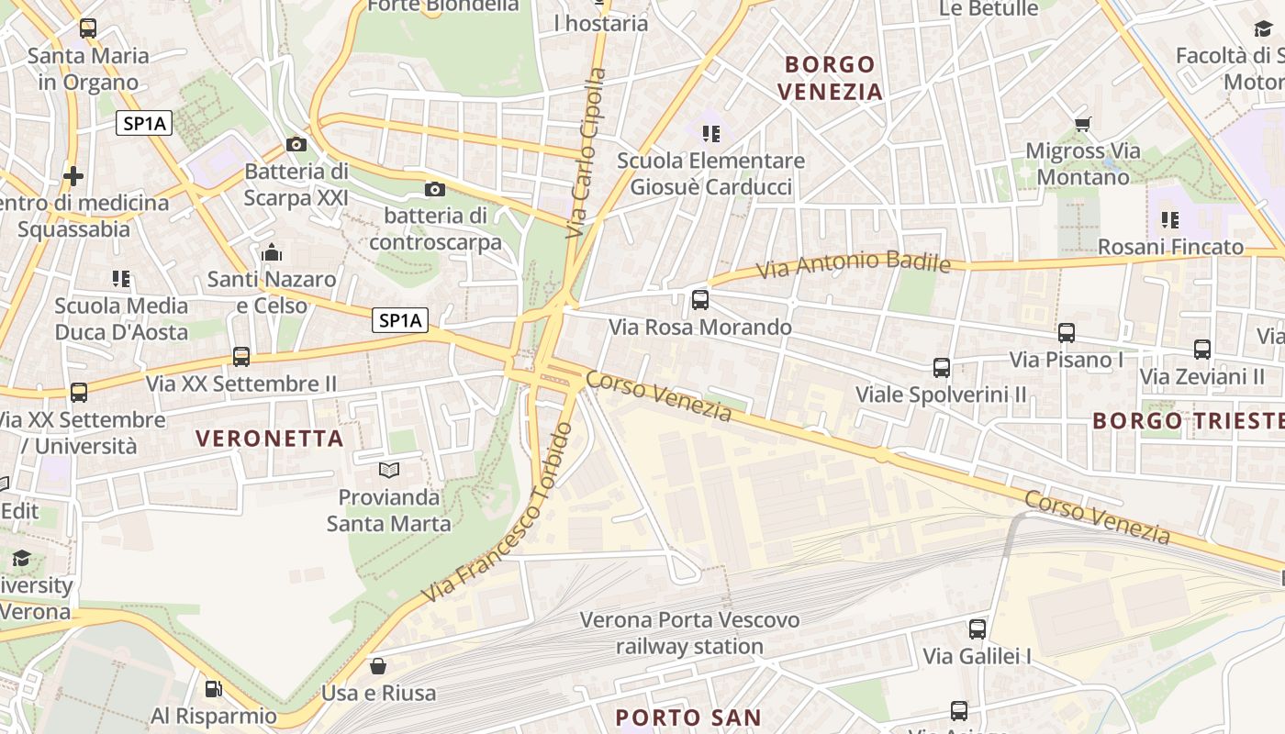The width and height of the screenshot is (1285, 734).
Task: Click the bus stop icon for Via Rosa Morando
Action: pos(700,299)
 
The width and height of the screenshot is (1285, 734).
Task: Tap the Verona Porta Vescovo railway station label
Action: pos(689,633)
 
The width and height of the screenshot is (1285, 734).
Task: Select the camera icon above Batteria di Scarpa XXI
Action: pos(296,144)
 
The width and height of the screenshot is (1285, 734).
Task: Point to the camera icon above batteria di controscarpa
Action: pos(435,190)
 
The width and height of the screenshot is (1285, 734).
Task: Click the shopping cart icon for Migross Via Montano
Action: pos(1082,124)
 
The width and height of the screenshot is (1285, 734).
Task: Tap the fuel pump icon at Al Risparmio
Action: pos(213,688)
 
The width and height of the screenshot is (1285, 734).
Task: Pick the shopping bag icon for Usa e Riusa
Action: pos(378,665)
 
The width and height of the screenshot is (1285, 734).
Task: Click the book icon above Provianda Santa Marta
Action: pos(389,470)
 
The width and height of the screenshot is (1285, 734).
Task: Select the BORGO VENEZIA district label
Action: pos(830,78)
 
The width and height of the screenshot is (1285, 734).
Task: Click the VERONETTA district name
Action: pos(270,439)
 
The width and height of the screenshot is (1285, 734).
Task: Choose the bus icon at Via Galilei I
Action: pos(978,629)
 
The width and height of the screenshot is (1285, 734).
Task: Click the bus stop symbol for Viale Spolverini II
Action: pos(942,368)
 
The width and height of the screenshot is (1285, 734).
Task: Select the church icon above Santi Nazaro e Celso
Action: pos(272,251)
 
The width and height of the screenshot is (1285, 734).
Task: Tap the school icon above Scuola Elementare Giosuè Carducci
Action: pos(710,134)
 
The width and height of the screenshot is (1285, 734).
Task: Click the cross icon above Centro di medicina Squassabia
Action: pos(73,175)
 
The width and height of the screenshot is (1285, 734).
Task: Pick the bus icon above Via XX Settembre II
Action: pos(241,356)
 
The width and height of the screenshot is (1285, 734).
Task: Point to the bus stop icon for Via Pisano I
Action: pos(1067,333)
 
